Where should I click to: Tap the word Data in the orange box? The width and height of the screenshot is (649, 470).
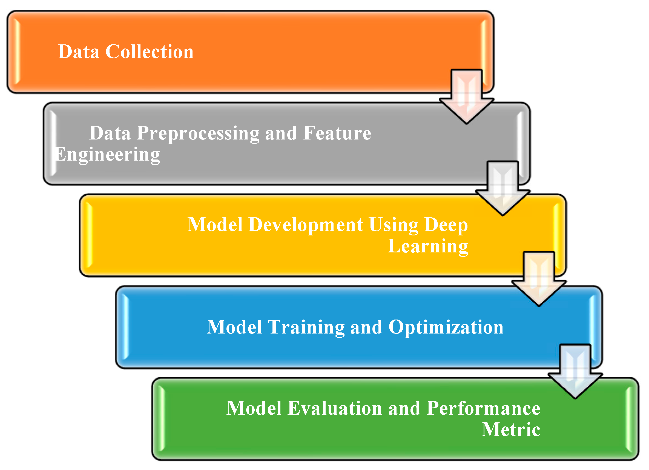click(x=79, y=52)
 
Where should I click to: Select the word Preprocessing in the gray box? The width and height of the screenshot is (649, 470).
click(x=198, y=133)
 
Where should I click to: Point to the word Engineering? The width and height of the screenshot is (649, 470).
click(x=108, y=155)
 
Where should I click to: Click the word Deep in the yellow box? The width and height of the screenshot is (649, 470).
click(x=446, y=225)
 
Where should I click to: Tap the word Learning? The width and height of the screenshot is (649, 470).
click(x=428, y=246)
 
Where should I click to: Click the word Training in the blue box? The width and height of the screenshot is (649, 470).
click(x=306, y=327)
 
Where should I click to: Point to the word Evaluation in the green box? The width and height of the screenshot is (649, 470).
click(x=335, y=408)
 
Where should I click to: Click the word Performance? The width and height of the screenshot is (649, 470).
click(x=483, y=408)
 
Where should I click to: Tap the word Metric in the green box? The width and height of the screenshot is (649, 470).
click(x=511, y=430)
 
